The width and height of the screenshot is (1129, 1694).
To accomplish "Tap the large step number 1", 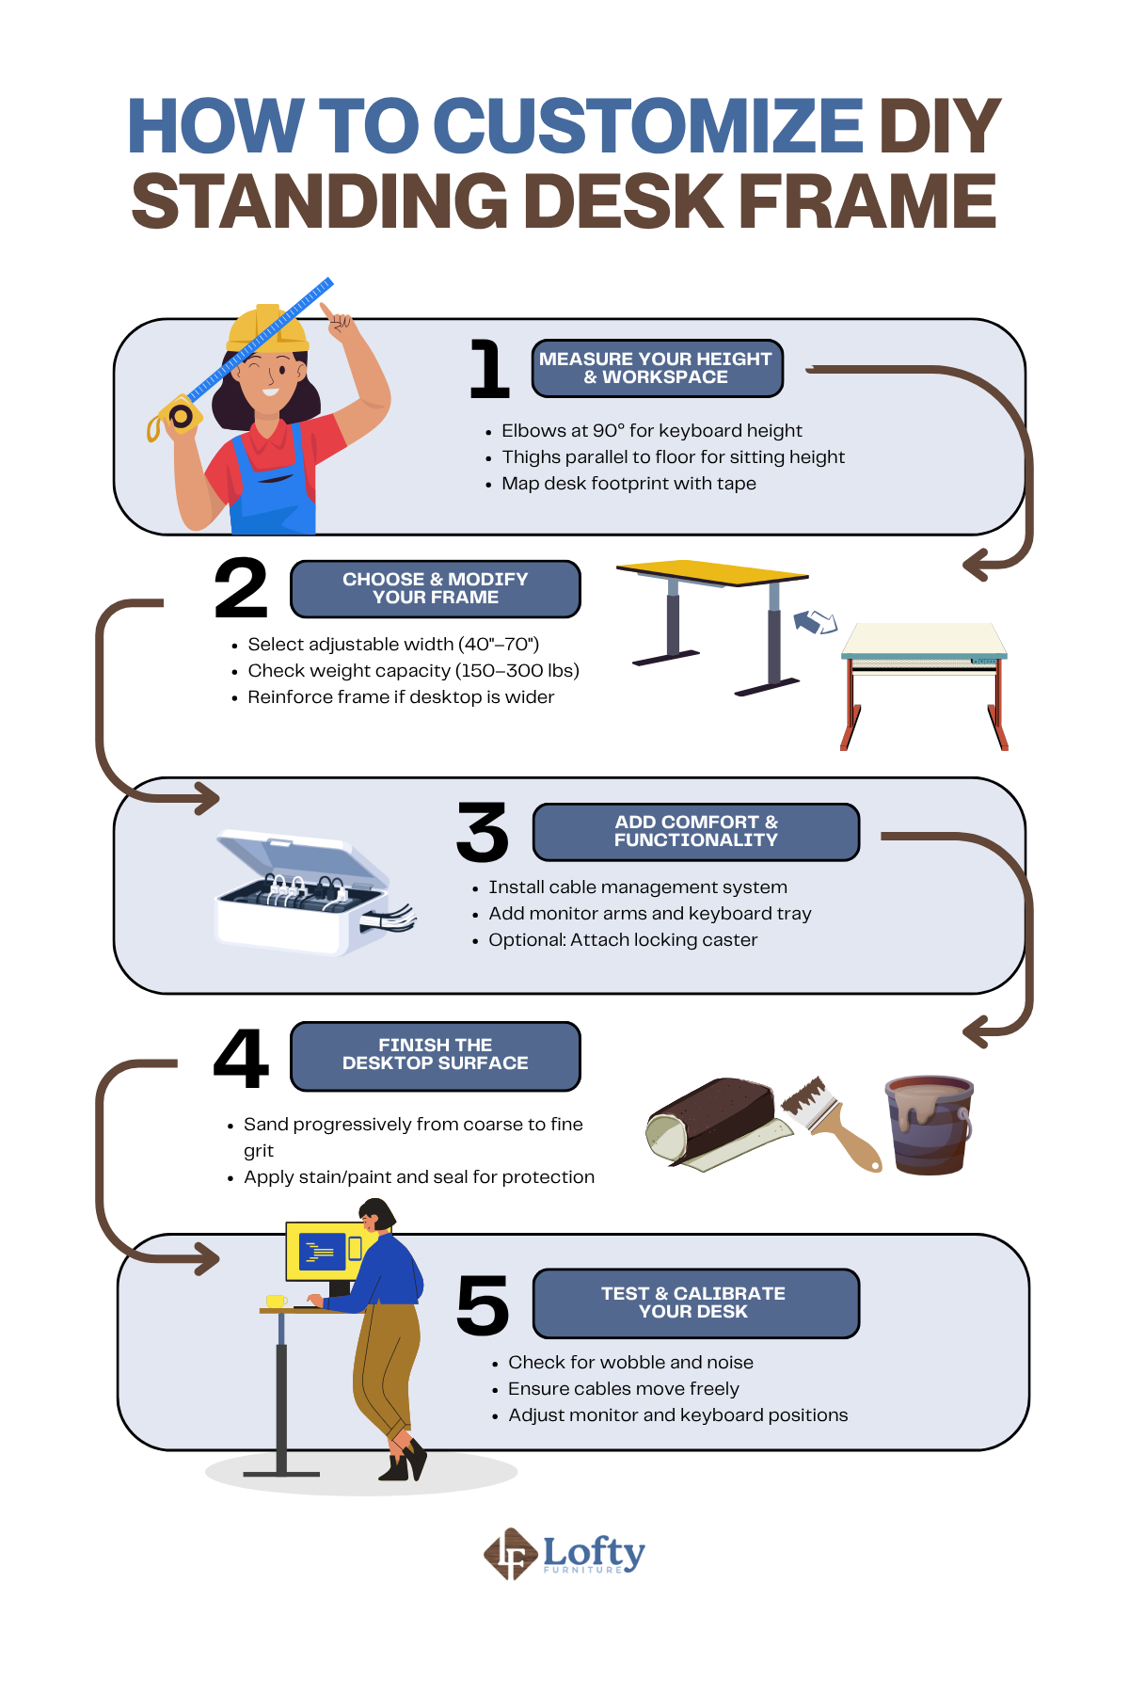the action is [489, 369].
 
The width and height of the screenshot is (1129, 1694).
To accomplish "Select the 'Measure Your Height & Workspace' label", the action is [657, 368].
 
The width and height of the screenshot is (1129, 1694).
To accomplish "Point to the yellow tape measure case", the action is [178, 415].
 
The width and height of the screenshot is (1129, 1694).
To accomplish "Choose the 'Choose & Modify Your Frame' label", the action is [436, 589].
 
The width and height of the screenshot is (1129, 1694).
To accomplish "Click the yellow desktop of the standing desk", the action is [711, 572].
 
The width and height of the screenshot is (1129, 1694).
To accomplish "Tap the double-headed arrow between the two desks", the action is [815, 621].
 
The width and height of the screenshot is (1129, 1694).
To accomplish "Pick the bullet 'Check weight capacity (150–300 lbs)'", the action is [413, 670].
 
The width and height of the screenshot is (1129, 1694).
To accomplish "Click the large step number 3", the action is [482, 832].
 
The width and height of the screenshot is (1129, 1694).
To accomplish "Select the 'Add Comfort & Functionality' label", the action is [696, 832].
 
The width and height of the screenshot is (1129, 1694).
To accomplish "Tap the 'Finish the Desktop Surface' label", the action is [436, 1056].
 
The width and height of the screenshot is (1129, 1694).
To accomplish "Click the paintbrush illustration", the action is [831, 1123].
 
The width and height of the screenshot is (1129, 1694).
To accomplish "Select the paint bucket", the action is [930, 1124].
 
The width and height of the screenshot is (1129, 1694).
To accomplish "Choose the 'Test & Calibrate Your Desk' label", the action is [696, 1303].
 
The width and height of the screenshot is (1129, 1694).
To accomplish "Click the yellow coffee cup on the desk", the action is [276, 1302].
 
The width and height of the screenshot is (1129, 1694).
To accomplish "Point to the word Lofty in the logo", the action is [594, 1550].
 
